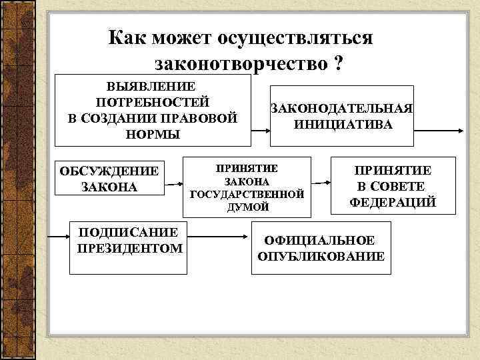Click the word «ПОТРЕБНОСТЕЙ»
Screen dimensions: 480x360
pos(153,103)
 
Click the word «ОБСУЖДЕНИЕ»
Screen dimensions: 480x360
pos(109,171)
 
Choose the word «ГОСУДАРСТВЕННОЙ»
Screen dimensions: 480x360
pos(247,194)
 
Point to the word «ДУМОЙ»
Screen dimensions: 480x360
pos(247,207)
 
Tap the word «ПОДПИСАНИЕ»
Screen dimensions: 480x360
pos(129,233)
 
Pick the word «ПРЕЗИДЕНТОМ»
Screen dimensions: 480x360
pos(129,249)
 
